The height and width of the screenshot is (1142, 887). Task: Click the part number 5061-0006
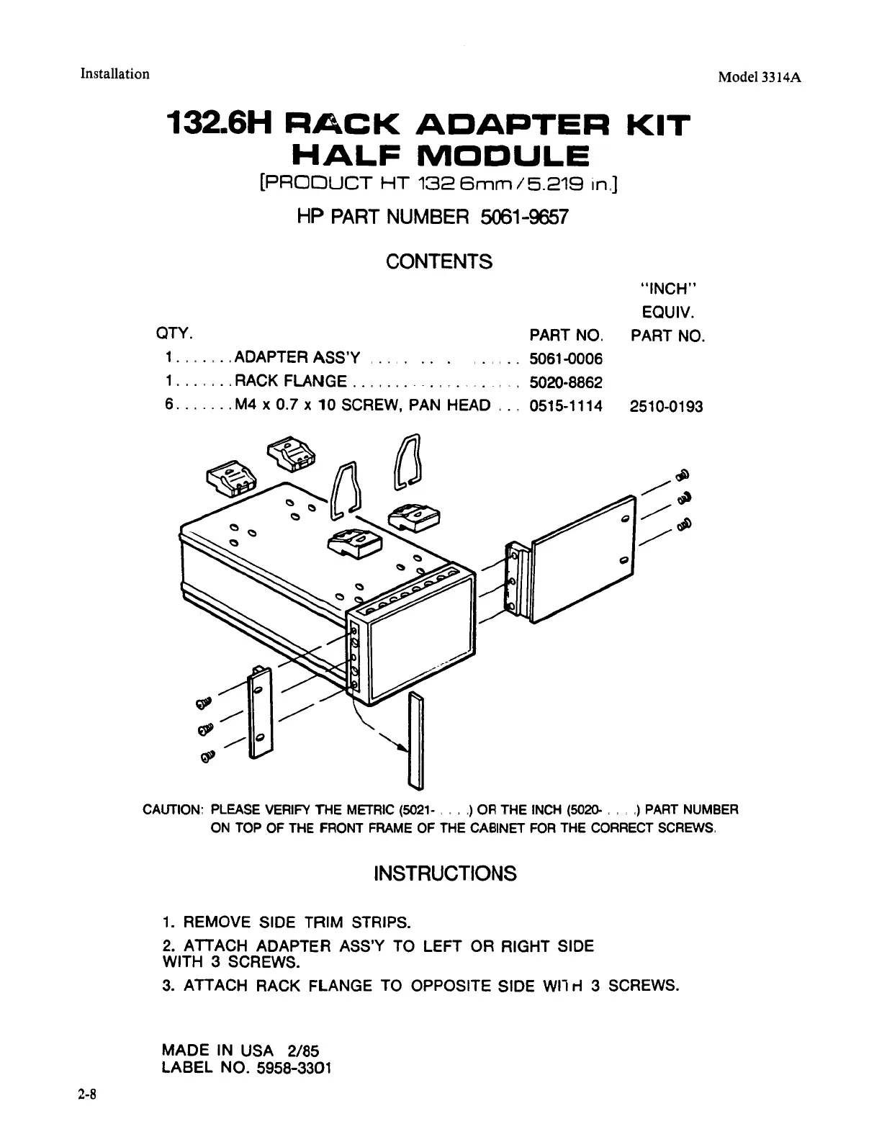566,359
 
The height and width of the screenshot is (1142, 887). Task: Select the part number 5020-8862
566,382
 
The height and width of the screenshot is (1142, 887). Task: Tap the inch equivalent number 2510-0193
666,406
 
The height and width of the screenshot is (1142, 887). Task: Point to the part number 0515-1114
566,406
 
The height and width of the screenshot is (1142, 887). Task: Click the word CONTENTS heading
439,261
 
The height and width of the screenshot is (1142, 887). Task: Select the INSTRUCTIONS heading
445,873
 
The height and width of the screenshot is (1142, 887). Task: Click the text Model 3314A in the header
760,78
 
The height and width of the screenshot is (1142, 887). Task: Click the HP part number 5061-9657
523,217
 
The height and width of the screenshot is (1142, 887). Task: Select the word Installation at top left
115,73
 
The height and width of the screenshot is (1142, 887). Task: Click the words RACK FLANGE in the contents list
292,382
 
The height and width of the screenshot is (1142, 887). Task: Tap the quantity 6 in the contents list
168,405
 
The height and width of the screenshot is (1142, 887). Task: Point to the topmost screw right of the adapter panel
683,475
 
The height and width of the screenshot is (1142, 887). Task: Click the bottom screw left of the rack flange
207,756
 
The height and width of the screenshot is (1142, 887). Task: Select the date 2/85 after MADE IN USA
302,1050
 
